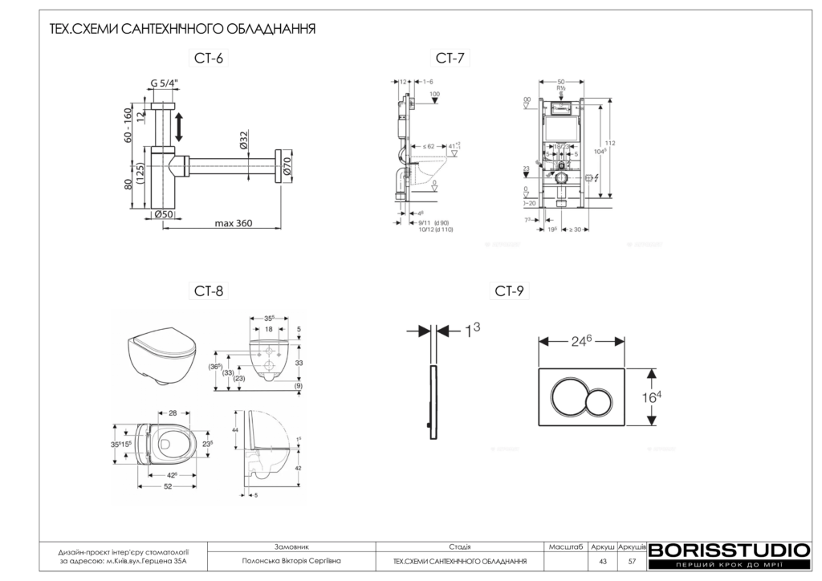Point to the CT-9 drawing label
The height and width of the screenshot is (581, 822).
click(x=509, y=291)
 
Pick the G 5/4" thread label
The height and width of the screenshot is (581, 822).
click(x=164, y=83)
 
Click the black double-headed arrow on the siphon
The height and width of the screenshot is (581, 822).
click(x=180, y=128)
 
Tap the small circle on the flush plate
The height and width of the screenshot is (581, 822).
click(x=600, y=397)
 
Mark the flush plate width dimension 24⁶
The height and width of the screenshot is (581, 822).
click(x=581, y=340)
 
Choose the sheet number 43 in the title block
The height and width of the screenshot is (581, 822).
click(x=602, y=561)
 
